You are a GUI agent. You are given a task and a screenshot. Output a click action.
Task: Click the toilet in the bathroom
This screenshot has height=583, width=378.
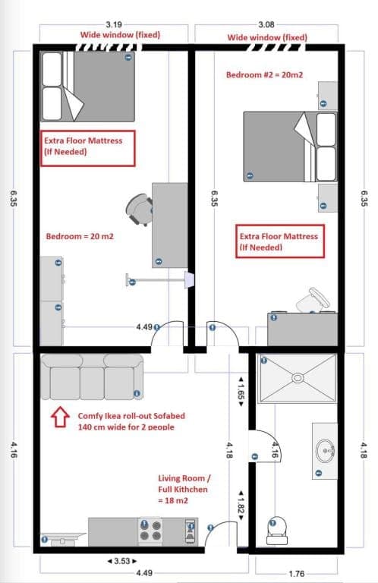click(277, 531)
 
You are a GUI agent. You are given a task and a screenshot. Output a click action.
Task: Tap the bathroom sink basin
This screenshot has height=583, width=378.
click(325, 451)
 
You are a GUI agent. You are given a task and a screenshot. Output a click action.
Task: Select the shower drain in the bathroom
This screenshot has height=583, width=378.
click(298, 378)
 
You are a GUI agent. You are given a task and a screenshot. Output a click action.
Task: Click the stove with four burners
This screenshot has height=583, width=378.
click(150, 531)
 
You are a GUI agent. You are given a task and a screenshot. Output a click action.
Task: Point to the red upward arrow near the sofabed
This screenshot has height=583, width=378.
click(60, 418)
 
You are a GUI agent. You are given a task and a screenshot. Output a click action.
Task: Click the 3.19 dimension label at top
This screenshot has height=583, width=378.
click(114, 24)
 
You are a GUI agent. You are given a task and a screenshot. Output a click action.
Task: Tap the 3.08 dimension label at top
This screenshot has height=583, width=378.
click(266, 24)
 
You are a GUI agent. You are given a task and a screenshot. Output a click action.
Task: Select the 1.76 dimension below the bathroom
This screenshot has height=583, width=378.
click(296, 574)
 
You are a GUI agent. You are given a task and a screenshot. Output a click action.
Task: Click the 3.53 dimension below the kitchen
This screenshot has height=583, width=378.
click(122, 561)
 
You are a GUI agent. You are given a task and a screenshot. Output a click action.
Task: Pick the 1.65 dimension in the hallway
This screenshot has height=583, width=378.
click(241, 392)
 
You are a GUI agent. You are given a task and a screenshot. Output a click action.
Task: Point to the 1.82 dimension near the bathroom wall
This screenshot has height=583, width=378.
click(241, 506)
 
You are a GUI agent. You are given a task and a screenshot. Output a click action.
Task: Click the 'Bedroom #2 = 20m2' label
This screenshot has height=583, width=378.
click(265, 74)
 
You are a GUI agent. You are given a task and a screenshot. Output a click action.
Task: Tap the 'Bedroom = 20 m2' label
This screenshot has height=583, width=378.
click(80, 237)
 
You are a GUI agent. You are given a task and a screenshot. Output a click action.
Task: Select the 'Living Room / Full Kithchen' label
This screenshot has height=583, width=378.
click(184, 484)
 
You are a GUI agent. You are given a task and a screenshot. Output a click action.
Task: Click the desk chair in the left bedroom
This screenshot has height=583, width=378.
click(140, 210)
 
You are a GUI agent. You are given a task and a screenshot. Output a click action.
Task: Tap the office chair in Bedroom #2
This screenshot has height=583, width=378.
click(312, 299)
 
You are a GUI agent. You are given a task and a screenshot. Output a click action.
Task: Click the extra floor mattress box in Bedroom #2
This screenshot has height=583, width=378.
click(280, 241)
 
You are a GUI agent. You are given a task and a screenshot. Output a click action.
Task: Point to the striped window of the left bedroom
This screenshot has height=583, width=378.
click(109, 47)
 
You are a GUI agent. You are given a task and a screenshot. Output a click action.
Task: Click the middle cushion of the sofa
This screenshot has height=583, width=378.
click(92, 383)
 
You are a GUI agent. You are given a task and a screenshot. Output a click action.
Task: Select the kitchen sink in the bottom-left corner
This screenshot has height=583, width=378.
click(63, 539)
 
